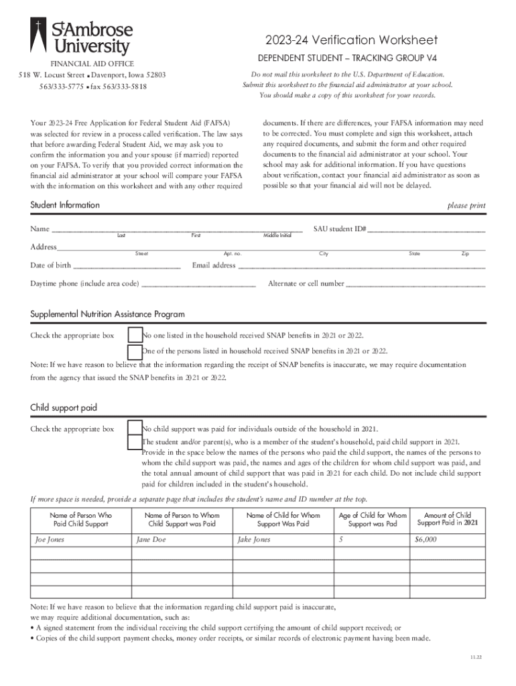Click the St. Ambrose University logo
pyautogui.click(x=81, y=37)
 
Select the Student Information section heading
pyautogui.click(x=65, y=205)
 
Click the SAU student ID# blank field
pyautogui.click(x=426, y=228)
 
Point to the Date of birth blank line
pyautogui.click(x=127, y=265)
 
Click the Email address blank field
pyautogui.click(x=361, y=265)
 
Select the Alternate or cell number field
pyautogui.click(x=415, y=283)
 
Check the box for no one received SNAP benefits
pyautogui.click(x=135, y=335)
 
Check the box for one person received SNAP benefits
pyautogui.click(x=135, y=351)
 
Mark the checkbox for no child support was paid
pyautogui.click(x=135, y=429)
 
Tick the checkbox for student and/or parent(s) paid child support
pyautogui.click(x=135, y=442)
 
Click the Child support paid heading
pyautogui.click(x=64, y=407)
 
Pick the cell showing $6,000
pyautogui.click(x=447, y=540)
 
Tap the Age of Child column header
pyautogui.click(x=373, y=520)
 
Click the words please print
pyautogui.click(x=466, y=206)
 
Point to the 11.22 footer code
pyautogui.click(x=475, y=657)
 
